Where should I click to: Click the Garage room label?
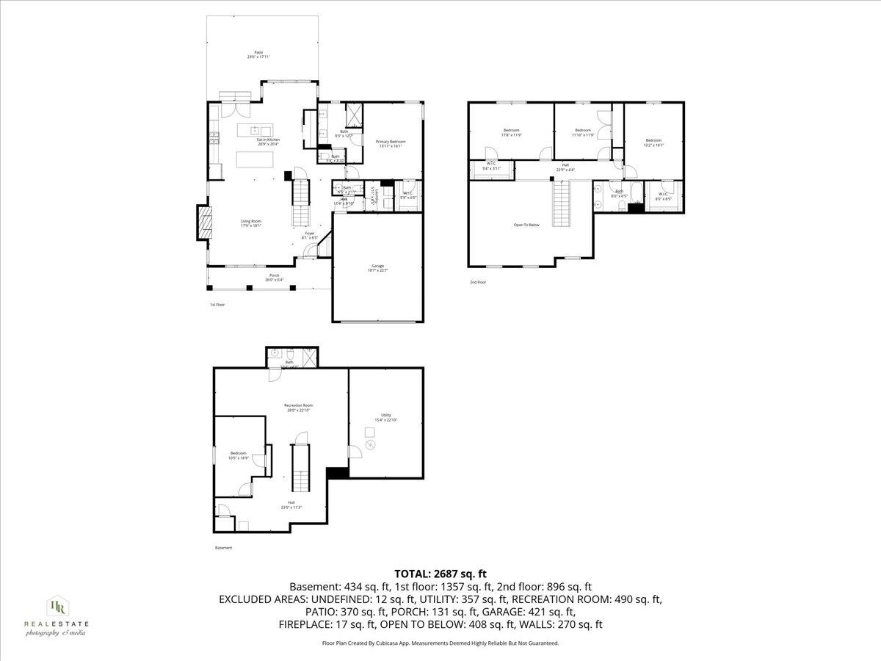click(378, 268)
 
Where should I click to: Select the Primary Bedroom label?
click(391, 143)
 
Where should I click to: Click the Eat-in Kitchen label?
click(268, 142)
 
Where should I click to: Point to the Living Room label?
click(251, 223)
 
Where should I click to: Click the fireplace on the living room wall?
click(203, 222)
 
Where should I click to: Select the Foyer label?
click(311, 236)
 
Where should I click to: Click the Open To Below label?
click(526, 225)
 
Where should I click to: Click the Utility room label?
click(386, 417)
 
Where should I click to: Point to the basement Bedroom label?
click(239, 455)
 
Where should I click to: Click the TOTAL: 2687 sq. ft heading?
click(440, 574)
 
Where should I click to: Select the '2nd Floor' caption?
click(478, 282)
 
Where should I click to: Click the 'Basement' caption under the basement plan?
click(223, 547)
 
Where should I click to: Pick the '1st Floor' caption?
click(217, 304)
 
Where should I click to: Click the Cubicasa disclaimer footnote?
click(440, 643)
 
